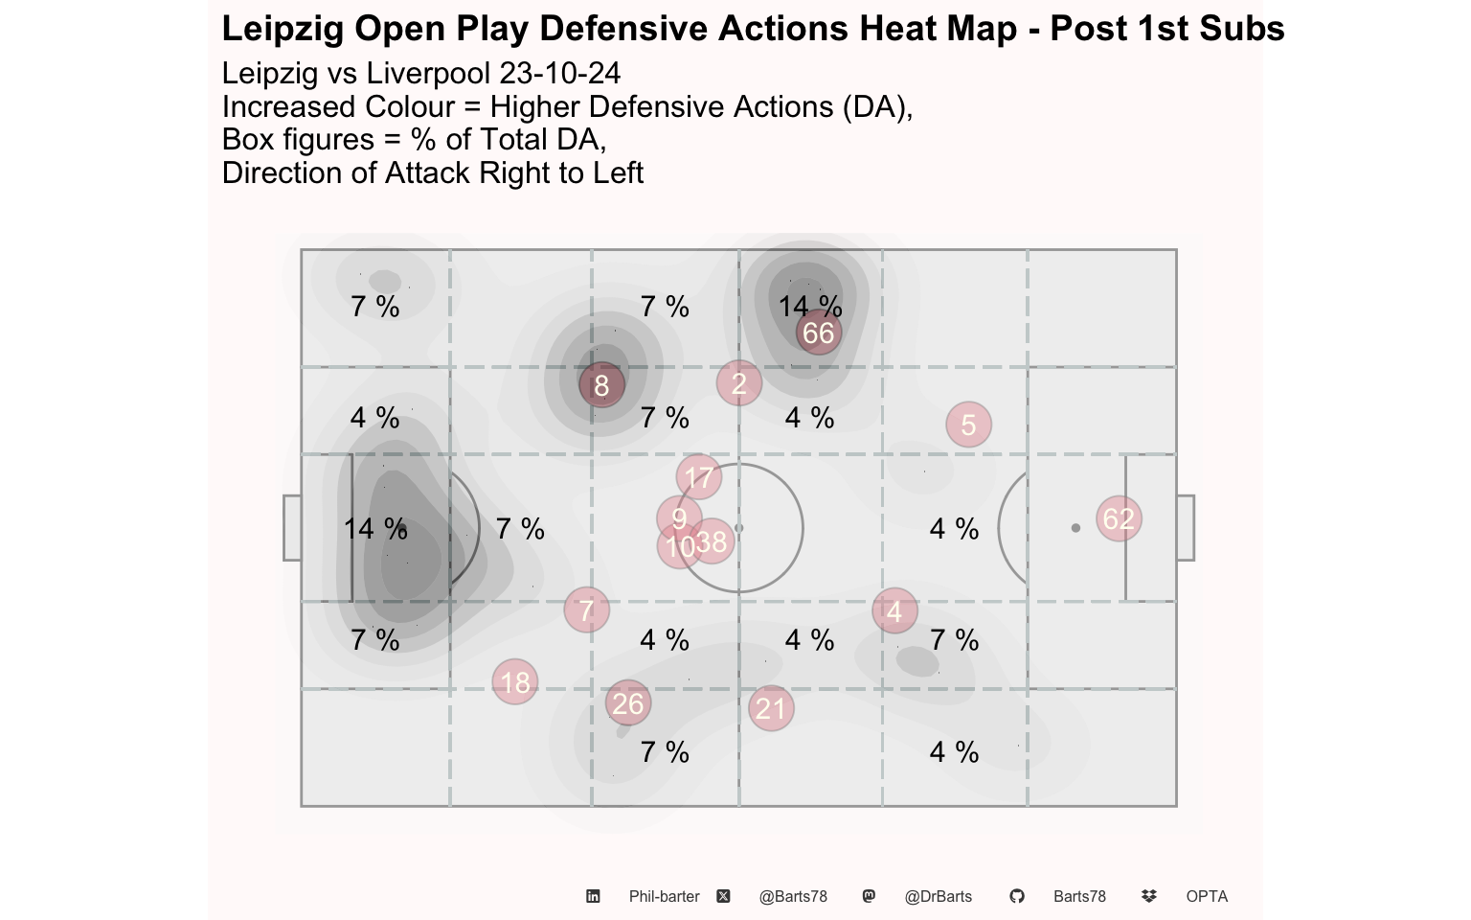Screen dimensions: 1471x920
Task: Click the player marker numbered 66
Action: [x=818, y=333]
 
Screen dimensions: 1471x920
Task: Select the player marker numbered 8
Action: [x=601, y=385]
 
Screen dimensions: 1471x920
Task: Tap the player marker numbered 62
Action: [x=1119, y=519]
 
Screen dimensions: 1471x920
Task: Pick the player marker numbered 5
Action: [x=968, y=425]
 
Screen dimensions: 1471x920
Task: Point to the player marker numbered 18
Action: [x=515, y=682]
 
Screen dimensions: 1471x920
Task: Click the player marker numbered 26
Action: [x=628, y=703]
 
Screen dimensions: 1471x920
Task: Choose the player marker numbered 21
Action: [x=771, y=708]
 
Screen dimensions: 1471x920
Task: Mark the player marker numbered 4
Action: [x=894, y=611]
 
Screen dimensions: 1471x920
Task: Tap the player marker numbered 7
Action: [x=587, y=609]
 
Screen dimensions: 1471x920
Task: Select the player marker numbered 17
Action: [x=699, y=477]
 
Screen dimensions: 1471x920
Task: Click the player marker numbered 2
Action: [x=739, y=383]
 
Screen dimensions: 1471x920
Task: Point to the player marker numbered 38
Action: [x=712, y=541]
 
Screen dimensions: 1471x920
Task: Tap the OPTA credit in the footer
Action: [x=1207, y=896]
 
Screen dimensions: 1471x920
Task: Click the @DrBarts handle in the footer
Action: [x=938, y=896]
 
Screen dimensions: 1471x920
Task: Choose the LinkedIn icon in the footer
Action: [x=593, y=896]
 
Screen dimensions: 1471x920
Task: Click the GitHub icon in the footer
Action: [x=1016, y=896]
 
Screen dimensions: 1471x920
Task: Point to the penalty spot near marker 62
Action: [x=1075, y=528]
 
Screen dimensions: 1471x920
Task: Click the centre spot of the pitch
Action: [x=739, y=528]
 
